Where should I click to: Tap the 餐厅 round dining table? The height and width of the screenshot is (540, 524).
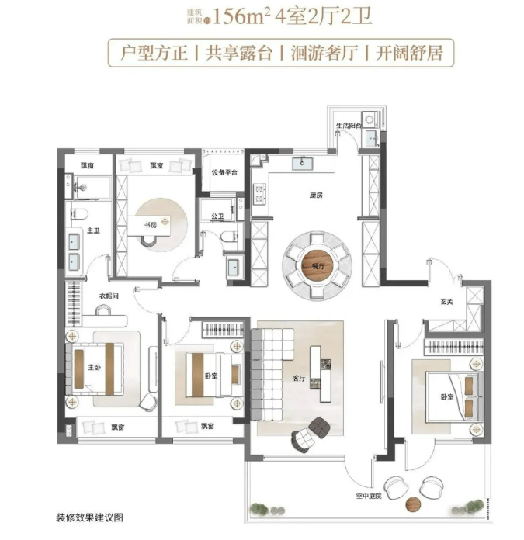[318, 265]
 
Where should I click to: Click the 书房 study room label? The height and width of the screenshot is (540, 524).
[150, 225]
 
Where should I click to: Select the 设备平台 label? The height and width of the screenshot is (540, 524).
[224, 172]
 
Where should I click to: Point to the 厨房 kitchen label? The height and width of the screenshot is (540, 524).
[316, 196]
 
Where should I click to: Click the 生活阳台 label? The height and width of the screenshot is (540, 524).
[349, 126]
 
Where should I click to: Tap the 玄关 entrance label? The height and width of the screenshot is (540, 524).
[446, 302]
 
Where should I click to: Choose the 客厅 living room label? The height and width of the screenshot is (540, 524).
[299, 378]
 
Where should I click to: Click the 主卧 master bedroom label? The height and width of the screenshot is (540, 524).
[95, 367]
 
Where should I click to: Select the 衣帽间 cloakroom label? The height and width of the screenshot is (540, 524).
[109, 296]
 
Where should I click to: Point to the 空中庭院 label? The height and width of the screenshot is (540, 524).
[369, 496]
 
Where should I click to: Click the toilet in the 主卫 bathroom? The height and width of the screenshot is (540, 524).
[79, 214]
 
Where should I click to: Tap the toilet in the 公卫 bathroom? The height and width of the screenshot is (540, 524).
[229, 237]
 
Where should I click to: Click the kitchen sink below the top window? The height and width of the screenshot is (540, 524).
[303, 164]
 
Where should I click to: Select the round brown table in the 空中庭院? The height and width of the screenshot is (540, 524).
[413, 504]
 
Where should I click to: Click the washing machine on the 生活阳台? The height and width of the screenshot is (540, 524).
[370, 119]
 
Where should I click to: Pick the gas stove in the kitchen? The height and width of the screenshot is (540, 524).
[259, 194]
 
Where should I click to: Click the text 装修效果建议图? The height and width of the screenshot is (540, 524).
[89, 517]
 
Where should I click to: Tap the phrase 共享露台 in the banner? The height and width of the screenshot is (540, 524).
[239, 54]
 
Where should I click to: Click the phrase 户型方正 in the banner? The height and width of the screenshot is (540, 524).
[154, 54]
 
